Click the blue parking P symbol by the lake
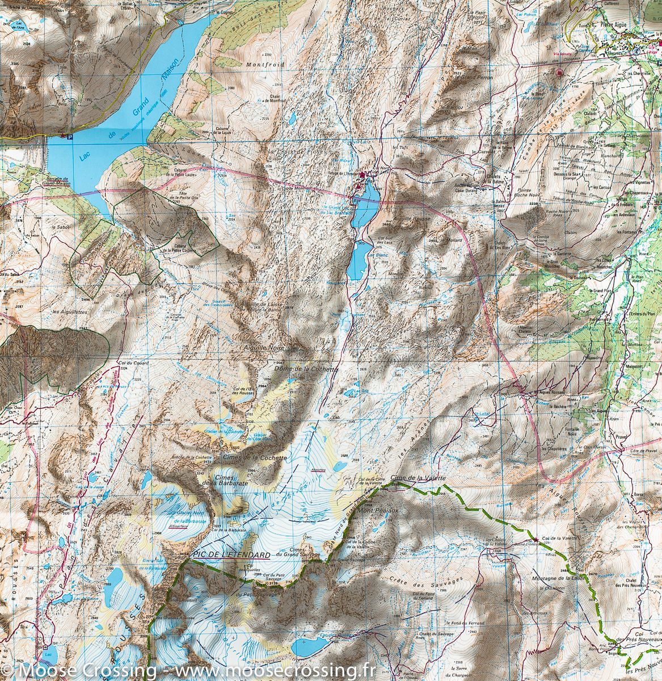(69, 136)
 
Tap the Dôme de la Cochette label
(306, 368)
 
